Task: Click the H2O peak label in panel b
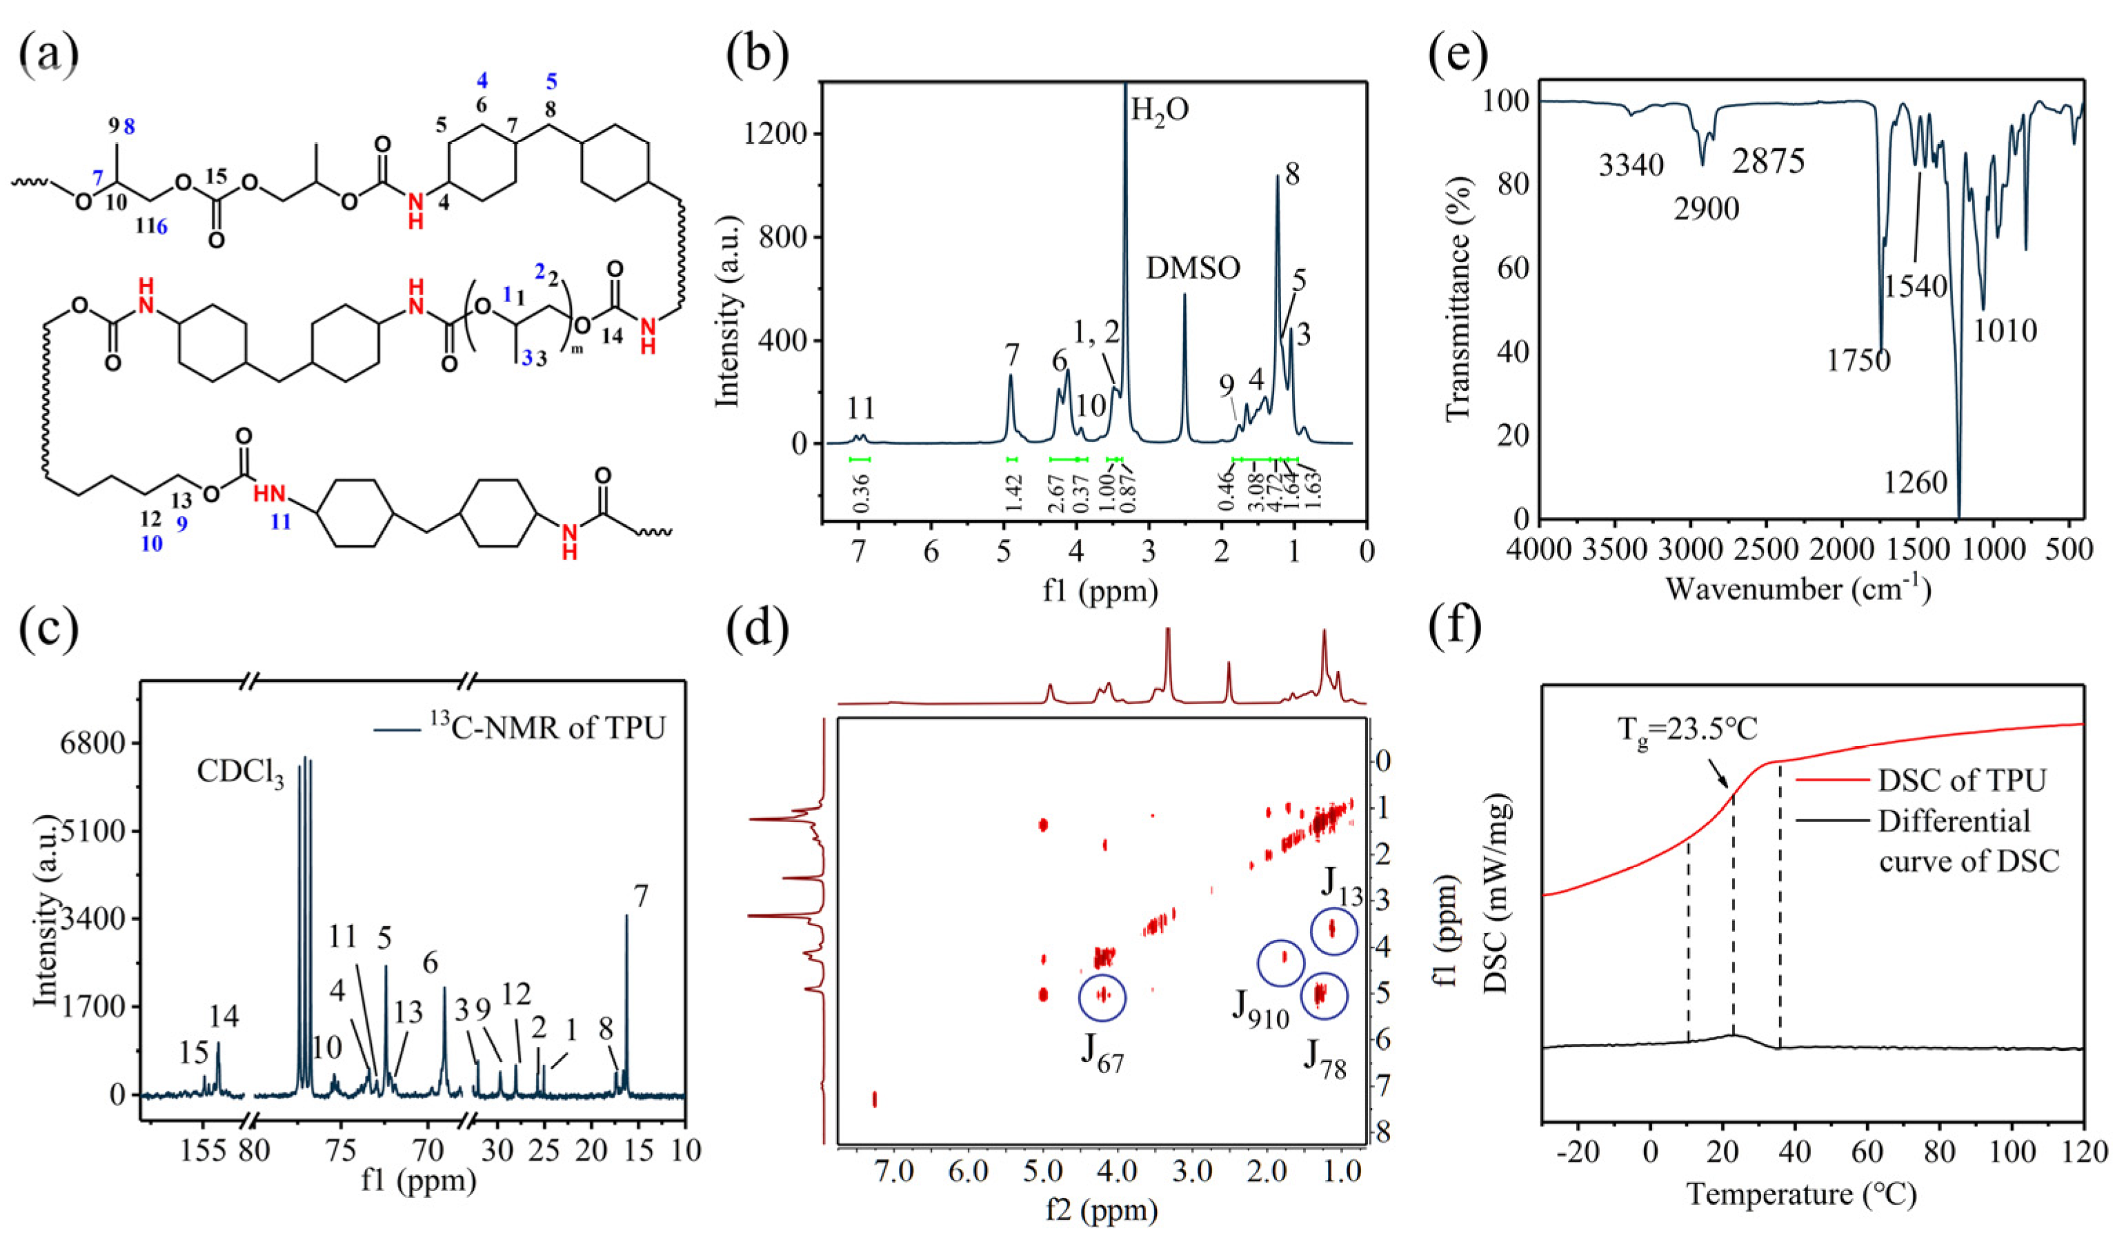pos(1160,110)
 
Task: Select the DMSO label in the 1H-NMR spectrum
pos(1193,268)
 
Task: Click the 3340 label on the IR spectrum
pos(1631,166)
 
